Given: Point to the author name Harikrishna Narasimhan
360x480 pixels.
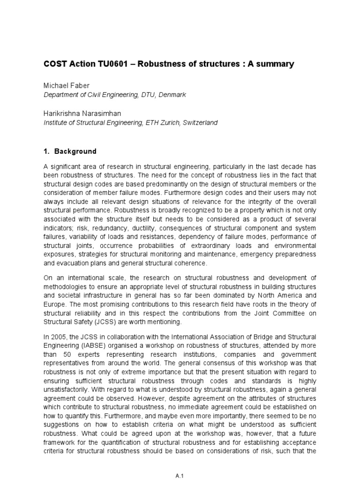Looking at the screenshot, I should [x=87, y=114].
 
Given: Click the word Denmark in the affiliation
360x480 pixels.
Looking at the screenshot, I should [x=172, y=95].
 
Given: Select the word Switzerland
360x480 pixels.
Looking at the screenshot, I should [x=195, y=123].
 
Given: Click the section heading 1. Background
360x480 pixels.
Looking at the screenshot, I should [x=70, y=151].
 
